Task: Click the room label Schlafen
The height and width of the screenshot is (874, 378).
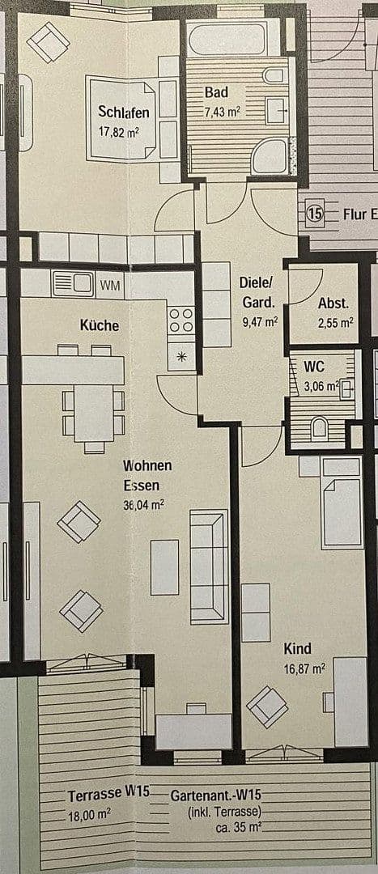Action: (x=123, y=112)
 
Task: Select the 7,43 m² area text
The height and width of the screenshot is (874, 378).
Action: (x=222, y=112)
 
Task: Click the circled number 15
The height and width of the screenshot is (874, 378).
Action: (x=315, y=214)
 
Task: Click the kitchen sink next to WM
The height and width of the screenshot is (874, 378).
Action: (x=74, y=284)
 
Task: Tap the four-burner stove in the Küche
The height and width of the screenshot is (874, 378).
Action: (x=181, y=319)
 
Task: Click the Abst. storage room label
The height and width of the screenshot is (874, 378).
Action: (x=333, y=303)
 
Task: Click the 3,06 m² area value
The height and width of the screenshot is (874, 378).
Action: (x=321, y=386)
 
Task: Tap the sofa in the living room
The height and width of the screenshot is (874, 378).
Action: (x=208, y=566)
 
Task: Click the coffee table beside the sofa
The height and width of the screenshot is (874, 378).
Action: (x=164, y=566)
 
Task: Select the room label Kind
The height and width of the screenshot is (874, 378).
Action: (x=297, y=648)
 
